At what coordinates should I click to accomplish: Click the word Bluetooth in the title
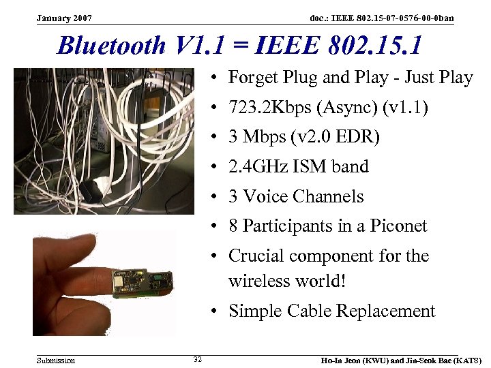click(x=112, y=46)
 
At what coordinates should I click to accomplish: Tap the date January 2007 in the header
click(x=65, y=18)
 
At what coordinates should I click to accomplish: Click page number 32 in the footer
click(x=197, y=359)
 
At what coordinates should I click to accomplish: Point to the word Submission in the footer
click(x=56, y=360)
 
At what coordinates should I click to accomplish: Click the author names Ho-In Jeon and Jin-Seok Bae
click(x=401, y=360)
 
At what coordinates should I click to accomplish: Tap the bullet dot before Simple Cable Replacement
click(x=214, y=312)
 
